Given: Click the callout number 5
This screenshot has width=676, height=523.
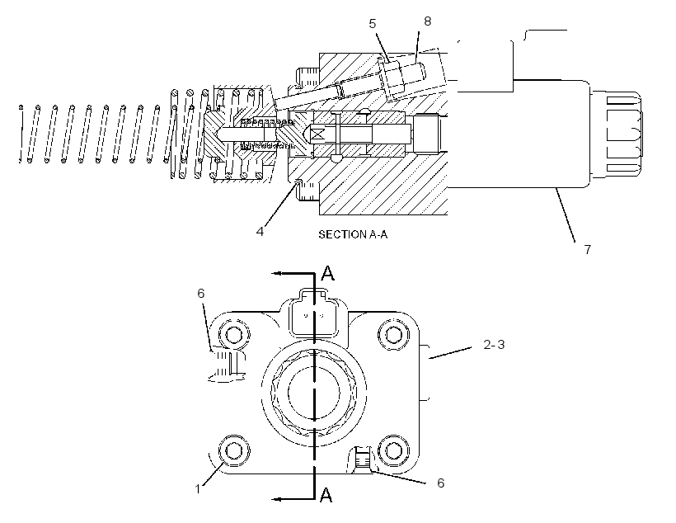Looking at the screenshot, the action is [373, 24].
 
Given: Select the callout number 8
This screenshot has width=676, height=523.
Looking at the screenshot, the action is [427, 21].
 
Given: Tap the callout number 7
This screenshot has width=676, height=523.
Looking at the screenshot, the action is [587, 249].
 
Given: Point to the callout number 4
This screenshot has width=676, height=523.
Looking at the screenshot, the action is [260, 232].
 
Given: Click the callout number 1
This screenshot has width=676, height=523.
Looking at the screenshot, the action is [198, 489].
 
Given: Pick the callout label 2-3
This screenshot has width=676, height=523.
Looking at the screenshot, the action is [494, 344].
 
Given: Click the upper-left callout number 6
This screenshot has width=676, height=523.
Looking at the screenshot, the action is [201, 294].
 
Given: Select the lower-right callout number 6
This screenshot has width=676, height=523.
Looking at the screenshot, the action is [440, 483].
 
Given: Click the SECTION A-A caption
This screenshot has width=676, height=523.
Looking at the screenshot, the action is [353, 234].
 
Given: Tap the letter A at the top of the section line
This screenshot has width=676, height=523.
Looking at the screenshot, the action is [328, 273].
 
